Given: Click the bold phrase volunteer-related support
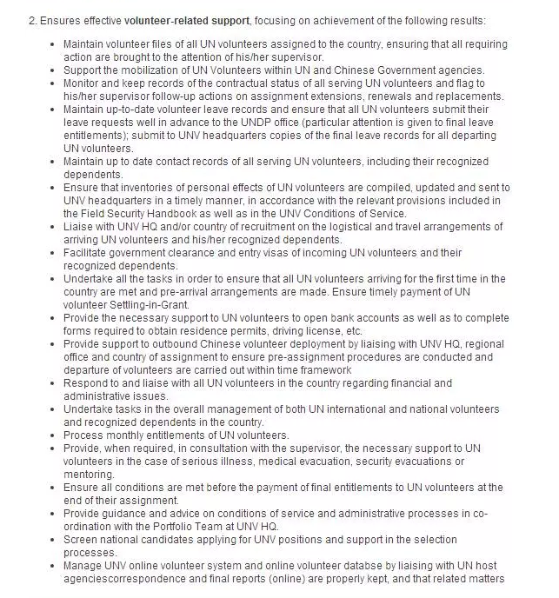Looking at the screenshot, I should coord(184,19).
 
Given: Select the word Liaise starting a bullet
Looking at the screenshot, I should coord(80,226).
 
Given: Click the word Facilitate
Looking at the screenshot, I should coord(88,252).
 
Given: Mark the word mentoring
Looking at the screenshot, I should coord(90,475).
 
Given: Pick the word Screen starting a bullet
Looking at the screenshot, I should coord(82,540).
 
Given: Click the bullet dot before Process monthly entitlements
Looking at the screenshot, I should coord(54,435).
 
